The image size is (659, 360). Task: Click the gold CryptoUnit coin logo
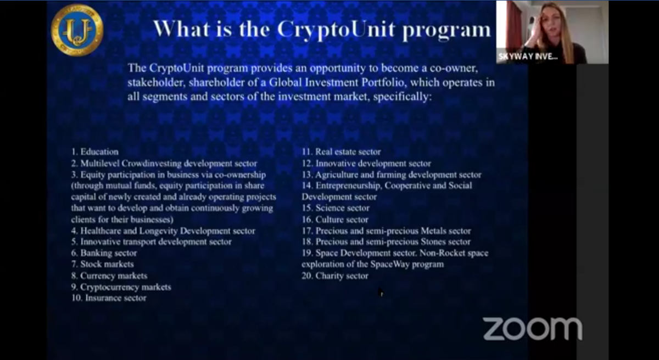(x=77, y=30)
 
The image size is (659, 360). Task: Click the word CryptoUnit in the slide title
(x=336, y=30)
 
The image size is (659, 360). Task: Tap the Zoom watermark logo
(x=533, y=329)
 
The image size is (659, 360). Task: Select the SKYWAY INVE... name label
(x=528, y=57)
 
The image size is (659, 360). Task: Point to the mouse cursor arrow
(x=381, y=292)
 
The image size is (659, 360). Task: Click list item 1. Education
(x=94, y=151)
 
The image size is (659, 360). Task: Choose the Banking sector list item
(x=104, y=253)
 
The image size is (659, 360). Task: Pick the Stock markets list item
(x=102, y=264)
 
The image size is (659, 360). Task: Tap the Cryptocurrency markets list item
(x=121, y=287)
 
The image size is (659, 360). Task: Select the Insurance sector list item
(x=109, y=298)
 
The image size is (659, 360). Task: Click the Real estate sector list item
(x=341, y=151)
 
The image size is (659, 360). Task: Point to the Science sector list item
(x=336, y=208)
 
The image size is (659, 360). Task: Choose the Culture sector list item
(x=335, y=220)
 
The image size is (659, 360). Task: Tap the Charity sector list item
(x=335, y=276)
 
